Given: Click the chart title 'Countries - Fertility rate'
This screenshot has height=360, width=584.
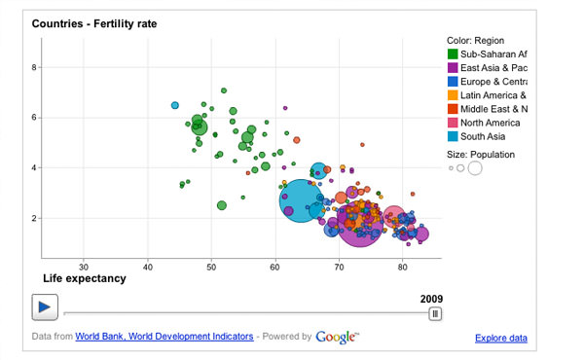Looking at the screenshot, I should click(94, 22).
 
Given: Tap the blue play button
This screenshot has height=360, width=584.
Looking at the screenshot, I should click(44, 306).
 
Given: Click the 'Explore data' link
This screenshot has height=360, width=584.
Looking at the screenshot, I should click(500, 339).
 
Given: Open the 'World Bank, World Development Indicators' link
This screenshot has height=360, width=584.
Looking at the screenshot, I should click(164, 337).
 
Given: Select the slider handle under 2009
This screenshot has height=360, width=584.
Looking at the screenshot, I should click(435, 313).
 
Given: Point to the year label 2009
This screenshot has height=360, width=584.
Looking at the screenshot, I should click(430, 299).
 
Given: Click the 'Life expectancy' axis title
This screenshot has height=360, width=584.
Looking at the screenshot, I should click(85, 279).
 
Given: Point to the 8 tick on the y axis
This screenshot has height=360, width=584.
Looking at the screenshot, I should click(35, 67).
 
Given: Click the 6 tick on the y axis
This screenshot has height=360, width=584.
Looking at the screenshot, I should click(35, 118).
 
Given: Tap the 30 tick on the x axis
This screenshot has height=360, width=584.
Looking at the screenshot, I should click(84, 267).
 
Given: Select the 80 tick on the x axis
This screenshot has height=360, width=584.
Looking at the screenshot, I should click(402, 267).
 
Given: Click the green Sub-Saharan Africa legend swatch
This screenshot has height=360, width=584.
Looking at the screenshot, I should click(453, 54).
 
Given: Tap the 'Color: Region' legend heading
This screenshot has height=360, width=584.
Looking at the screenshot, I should click(475, 40).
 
